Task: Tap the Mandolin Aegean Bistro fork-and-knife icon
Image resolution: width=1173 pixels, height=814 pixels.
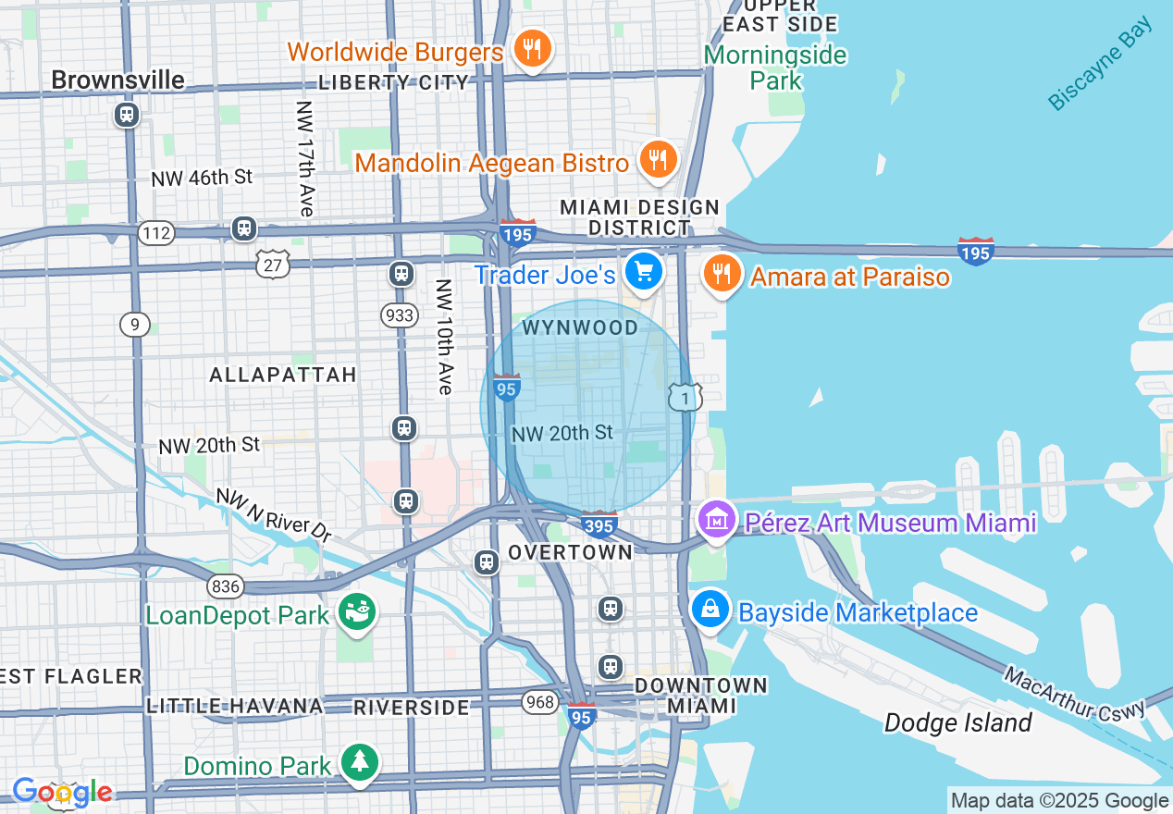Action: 658,161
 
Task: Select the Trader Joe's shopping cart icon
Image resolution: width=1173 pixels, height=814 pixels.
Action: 643,272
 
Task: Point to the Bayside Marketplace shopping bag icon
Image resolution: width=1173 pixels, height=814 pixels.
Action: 710,610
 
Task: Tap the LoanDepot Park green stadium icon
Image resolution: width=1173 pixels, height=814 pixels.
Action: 356,612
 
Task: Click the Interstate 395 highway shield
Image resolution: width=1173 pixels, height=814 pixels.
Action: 599,524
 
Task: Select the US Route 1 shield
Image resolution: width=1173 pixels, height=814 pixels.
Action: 685,397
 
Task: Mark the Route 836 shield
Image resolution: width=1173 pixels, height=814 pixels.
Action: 226,586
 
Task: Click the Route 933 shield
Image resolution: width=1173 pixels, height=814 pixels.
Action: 400,315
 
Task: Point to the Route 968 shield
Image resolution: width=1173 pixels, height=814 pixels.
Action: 539,701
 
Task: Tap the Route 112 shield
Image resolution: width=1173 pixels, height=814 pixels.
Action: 156,232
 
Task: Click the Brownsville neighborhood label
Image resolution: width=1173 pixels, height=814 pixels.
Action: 117,80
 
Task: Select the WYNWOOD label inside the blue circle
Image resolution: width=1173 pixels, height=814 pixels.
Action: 580,327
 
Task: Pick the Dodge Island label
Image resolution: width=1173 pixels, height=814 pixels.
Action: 957,722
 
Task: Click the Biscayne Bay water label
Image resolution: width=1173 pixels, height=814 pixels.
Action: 1101,66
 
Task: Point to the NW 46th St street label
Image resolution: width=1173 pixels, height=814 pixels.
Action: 202,178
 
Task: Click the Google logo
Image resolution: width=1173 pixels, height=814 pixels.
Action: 62,792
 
